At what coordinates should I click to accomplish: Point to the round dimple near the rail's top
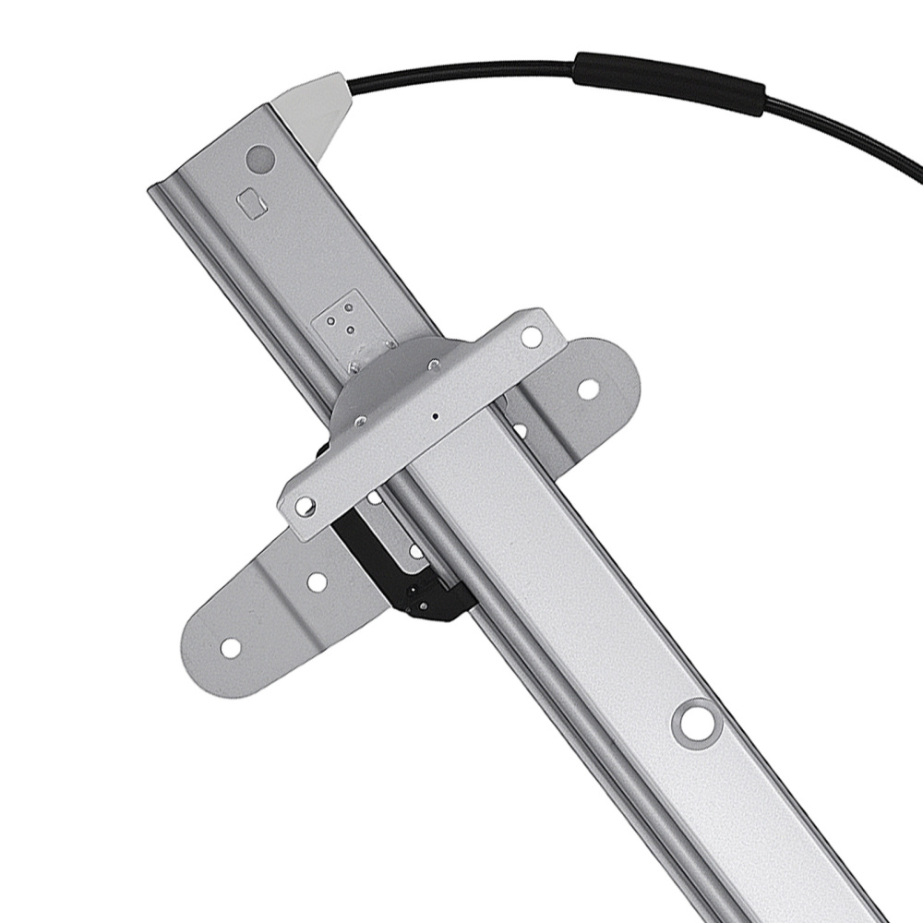[x=260, y=159]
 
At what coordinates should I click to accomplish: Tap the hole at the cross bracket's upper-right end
[x=532, y=337]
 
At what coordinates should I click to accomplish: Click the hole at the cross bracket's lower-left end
[x=304, y=505]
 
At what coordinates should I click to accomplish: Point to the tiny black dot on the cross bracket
[x=435, y=416]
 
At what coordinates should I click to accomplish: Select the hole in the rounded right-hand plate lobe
[x=587, y=390]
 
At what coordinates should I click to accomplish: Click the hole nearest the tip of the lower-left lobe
[x=231, y=648]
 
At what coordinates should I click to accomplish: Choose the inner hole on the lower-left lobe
[x=316, y=582]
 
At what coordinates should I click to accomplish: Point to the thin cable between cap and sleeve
[x=461, y=66]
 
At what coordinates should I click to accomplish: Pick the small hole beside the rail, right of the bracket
[x=520, y=430]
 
